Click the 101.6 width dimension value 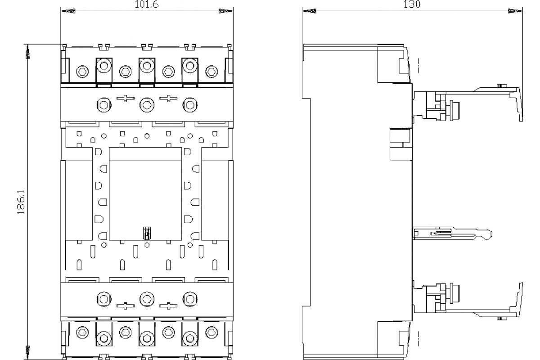point(147,4)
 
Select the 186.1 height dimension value point(21,202)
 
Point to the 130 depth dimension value point(412,4)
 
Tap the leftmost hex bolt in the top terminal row point(82,72)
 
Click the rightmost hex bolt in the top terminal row point(211,72)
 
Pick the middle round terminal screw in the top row point(147,66)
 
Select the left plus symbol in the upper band point(126,99)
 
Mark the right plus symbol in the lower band point(168,306)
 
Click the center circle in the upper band point(147,105)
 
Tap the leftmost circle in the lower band point(104,299)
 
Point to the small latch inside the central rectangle point(147,233)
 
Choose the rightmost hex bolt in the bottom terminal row point(211,333)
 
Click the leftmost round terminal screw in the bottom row point(104,338)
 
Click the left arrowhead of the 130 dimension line point(309,11)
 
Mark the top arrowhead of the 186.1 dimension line point(28,51)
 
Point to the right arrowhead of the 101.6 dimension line point(226,11)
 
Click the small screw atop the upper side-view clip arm point(502,86)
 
